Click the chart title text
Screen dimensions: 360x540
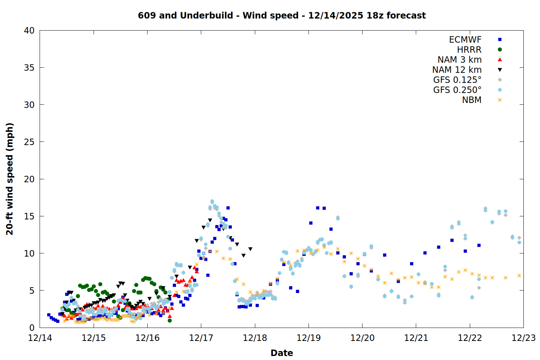click(x=282, y=15)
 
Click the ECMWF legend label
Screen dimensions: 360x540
click(x=465, y=40)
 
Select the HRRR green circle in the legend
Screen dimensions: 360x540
click(x=500, y=50)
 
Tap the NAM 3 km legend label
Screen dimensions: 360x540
click(x=459, y=60)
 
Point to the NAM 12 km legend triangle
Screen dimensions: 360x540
click(x=500, y=70)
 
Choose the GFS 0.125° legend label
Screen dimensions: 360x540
click(x=457, y=80)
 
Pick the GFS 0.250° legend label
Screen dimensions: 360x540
click(x=457, y=90)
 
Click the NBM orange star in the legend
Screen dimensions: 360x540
click(x=500, y=100)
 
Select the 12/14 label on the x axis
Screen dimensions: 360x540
click(x=40, y=338)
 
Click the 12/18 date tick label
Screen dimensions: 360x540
click(x=255, y=338)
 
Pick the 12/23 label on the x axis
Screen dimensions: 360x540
click(x=523, y=338)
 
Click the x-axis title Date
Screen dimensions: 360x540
click(x=282, y=353)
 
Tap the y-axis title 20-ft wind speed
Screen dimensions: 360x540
click(x=10, y=179)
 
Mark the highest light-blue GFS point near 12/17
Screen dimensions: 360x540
click(x=212, y=201)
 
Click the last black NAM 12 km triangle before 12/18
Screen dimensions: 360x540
click(x=250, y=249)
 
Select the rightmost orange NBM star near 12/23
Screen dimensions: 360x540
click(x=519, y=275)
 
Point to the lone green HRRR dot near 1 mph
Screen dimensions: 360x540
click(x=170, y=320)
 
